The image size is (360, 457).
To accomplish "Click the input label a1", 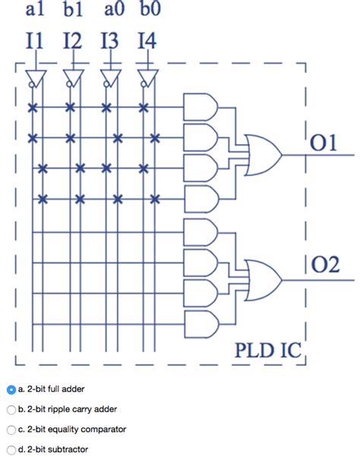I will click(35, 10).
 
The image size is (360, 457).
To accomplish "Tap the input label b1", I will click(73, 10).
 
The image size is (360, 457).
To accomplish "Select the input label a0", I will click(111, 10).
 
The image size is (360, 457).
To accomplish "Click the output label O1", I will click(324, 144).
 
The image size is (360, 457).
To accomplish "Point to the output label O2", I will click(325, 265).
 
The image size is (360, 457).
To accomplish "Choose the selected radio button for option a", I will click(11, 389).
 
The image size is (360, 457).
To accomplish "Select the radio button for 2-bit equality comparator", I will click(11, 429).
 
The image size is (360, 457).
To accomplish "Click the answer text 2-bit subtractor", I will click(57, 449).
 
